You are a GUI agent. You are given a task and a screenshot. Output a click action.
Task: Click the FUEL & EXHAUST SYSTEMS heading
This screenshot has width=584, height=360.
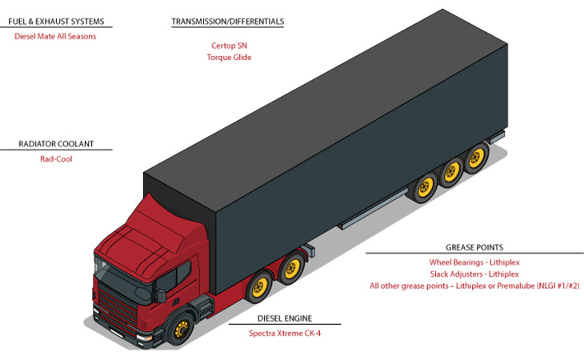[x=56, y=22]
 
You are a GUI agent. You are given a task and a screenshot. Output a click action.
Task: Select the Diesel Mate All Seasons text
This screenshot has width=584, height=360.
[x=55, y=37]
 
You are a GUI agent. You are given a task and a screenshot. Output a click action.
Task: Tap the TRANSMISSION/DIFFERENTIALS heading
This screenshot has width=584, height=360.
[x=227, y=22]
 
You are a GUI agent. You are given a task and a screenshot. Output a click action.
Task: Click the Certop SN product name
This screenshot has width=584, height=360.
[x=229, y=46]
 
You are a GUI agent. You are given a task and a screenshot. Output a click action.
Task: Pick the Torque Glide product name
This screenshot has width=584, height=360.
[x=229, y=58]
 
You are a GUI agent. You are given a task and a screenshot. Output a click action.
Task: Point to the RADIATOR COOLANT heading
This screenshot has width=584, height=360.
[x=56, y=144]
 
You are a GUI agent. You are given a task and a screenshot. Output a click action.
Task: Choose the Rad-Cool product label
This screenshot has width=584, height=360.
[x=56, y=159]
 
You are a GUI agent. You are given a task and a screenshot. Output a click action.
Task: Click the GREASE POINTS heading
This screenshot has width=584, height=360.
[x=474, y=247]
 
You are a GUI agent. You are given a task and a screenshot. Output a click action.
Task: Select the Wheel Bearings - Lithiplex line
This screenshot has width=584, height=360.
[x=474, y=262]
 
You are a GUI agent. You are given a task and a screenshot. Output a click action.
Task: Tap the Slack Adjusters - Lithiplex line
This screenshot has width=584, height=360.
[x=474, y=274]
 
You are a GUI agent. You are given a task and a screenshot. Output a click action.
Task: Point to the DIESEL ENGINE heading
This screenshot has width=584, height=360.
[x=285, y=318]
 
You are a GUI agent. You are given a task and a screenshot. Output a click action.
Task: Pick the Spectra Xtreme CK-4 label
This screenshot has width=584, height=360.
[x=285, y=334]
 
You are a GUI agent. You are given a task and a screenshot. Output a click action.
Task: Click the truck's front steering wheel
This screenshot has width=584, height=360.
[x=181, y=329]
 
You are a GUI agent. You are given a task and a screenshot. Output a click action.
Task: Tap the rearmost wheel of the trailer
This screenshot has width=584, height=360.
[x=476, y=158]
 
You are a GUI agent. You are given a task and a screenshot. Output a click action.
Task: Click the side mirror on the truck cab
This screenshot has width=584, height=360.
[x=162, y=296]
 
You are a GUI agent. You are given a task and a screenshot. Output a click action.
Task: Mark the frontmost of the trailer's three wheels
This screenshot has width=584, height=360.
[x=425, y=187]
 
